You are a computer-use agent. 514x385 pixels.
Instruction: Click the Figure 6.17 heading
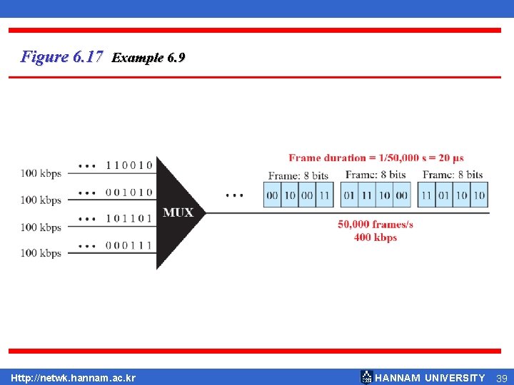point(62,56)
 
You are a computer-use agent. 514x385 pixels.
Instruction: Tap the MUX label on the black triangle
point(178,212)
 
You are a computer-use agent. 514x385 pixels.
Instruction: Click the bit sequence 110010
point(128,165)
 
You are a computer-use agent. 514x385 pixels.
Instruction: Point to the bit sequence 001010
point(128,192)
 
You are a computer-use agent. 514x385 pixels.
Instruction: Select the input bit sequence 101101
point(128,219)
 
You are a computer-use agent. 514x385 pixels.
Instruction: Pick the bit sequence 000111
point(128,245)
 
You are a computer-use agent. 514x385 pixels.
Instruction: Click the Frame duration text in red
point(376,158)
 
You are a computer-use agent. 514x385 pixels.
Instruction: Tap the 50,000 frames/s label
point(376,224)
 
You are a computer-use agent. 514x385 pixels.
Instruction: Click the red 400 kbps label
point(376,237)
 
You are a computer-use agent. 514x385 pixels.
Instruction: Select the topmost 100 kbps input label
point(41,173)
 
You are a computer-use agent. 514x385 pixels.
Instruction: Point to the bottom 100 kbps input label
point(41,253)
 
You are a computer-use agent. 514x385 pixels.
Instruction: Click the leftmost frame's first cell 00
point(272,195)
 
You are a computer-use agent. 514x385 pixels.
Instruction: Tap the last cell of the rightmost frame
point(479,195)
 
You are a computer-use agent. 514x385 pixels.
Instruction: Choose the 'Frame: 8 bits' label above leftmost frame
point(298,175)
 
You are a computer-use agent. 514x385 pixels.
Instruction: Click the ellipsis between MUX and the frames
point(233,195)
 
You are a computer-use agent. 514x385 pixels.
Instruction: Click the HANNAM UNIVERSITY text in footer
point(430,378)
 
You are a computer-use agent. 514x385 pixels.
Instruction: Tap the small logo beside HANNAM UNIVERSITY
point(366,377)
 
